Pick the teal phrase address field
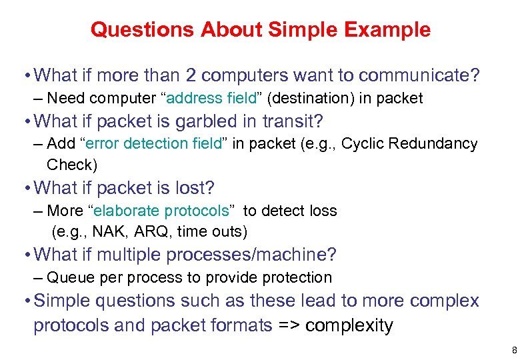213,99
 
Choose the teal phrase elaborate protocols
162,211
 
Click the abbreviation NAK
108,232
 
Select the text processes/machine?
251,255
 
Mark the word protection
299,277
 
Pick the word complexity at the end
349,325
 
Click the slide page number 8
514,349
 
